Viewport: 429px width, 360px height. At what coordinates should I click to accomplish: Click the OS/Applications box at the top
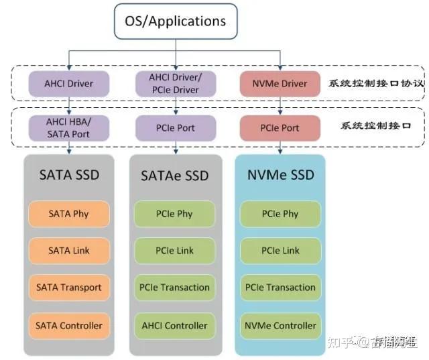point(176,21)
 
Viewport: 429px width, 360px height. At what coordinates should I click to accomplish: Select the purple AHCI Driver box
point(69,84)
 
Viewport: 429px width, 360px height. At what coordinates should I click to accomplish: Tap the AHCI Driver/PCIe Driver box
point(176,84)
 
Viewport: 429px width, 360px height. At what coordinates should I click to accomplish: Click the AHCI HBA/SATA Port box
point(69,127)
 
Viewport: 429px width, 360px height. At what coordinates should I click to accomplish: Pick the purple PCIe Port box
point(176,127)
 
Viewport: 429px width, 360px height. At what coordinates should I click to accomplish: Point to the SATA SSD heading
point(69,175)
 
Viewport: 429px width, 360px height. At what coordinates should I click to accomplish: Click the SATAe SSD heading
point(176,176)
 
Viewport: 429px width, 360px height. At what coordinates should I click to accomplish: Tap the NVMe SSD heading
point(281,175)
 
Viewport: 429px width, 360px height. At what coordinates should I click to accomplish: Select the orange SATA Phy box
point(69,214)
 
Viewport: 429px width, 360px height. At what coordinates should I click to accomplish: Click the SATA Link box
point(69,251)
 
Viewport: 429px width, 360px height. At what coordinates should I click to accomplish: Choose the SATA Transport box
point(69,288)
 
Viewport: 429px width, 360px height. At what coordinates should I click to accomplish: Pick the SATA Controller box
point(69,325)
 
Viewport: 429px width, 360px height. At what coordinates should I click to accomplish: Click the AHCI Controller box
point(176,325)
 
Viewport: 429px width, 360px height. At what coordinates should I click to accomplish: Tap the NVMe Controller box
point(281,325)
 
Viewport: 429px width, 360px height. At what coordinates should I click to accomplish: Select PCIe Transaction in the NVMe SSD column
point(281,288)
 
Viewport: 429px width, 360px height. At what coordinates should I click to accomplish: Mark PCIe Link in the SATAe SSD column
point(176,251)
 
